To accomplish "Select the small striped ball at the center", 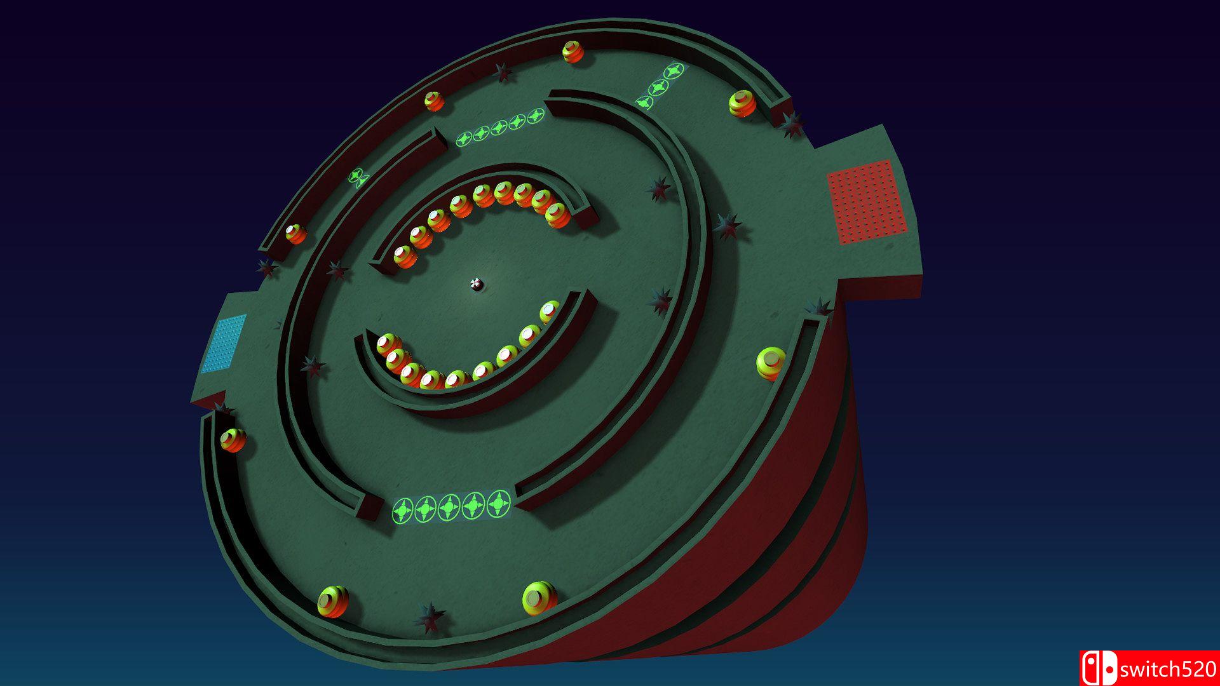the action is coord(477,285).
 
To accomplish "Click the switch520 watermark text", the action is coord(1168,669).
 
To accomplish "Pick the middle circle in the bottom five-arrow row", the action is coord(450,507).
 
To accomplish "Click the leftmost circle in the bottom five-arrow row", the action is coord(403,510).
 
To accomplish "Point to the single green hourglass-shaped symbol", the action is coord(358,177).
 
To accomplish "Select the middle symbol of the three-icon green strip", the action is coord(659,87).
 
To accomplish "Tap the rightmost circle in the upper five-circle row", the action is coord(536,116).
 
